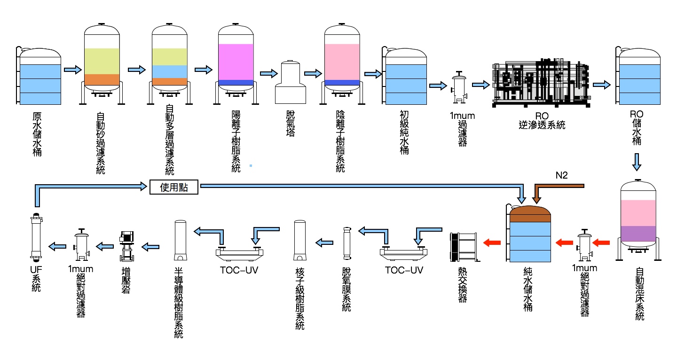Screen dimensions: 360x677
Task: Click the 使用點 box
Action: click(173, 187)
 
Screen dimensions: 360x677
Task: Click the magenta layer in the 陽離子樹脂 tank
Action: click(236, 62)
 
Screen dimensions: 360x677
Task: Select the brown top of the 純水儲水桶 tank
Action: click(530, 214)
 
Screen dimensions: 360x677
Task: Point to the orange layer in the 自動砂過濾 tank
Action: click(102, 79)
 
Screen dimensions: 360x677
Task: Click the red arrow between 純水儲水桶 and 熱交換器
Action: click(493, 243)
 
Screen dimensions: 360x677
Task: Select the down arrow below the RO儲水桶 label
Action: click(636, 162)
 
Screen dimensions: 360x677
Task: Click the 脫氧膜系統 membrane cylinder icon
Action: click(347, 243)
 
